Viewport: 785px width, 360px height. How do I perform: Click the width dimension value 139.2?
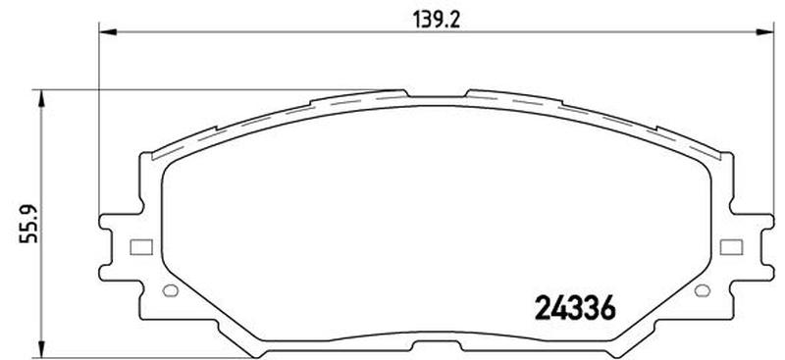pyautogui.click(x=436, y=20)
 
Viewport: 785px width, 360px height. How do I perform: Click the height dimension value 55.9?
pyautogui.click(x=29, y=223)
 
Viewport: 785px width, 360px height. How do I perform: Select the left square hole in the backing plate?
pyautogui.click(x=141, y=247)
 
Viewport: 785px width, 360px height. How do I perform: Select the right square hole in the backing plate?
pyautogui.click(x=731, y=247)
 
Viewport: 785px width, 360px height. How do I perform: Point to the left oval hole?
pyautogui.click(x=171, y=290)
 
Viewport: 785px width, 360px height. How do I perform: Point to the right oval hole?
pyautogui.click(x=703, y=290)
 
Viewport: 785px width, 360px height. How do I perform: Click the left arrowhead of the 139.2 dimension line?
pyautogui.click(x=108, y=32)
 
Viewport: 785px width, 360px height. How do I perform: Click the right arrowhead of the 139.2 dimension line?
pyautogui.click(x=765, y=32)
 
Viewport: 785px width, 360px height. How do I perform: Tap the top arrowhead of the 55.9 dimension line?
pyautogui.click(x=41, y=99)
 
